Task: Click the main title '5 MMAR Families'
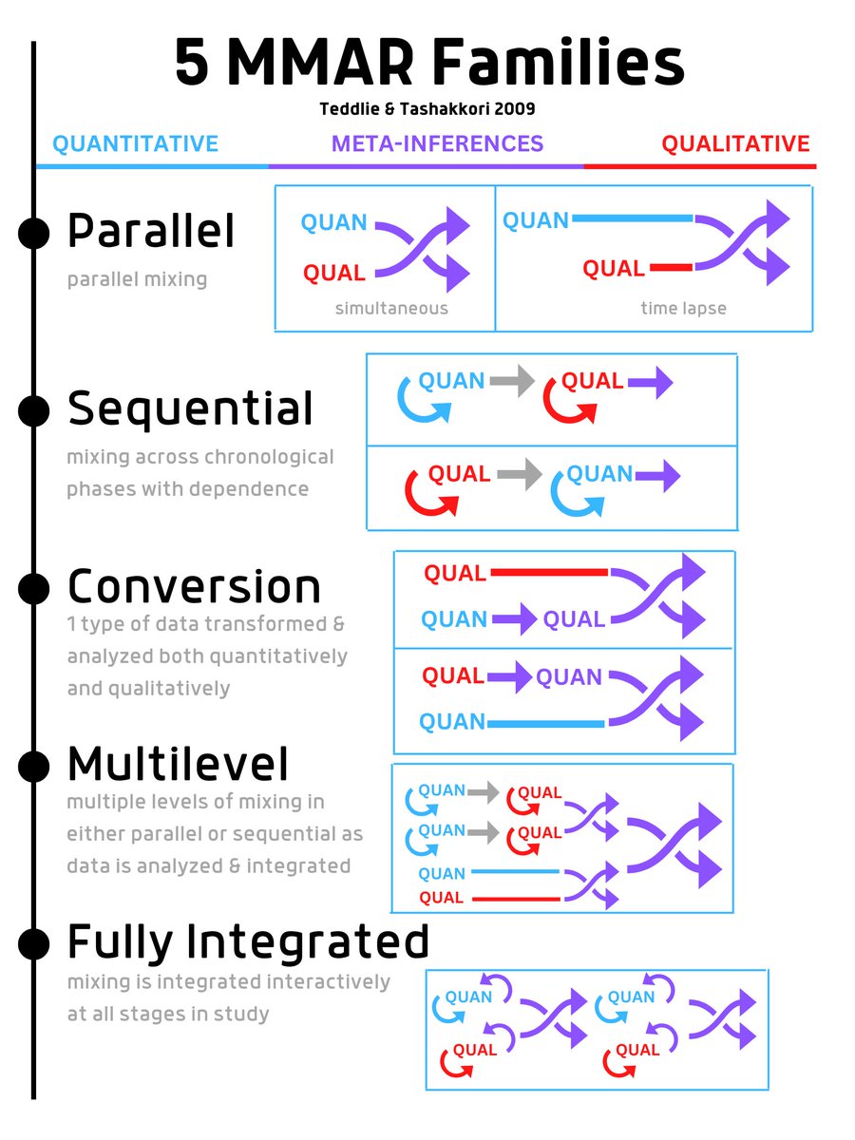coord(429,65)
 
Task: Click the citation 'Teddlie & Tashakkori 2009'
coord(427,109)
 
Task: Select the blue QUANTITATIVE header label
coord(135,144)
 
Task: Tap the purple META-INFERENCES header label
coord(437,144)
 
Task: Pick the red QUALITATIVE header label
coord(735,144)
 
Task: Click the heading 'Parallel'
coord(150,232)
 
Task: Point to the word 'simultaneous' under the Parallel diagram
coord(390,309)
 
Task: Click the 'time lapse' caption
coord(683,309)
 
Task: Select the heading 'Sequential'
coord(190,408)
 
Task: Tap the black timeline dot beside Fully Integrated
coord(33,943)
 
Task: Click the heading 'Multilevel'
coord(179,763)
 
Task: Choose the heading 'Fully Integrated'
coord(248,941)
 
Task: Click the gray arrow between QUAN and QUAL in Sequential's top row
coord(513,382)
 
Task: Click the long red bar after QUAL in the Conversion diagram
coord(548,573)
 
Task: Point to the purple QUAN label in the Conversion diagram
coord(568,677)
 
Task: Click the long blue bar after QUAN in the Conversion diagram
coord(545,724)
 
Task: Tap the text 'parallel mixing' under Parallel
coord(137,280)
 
